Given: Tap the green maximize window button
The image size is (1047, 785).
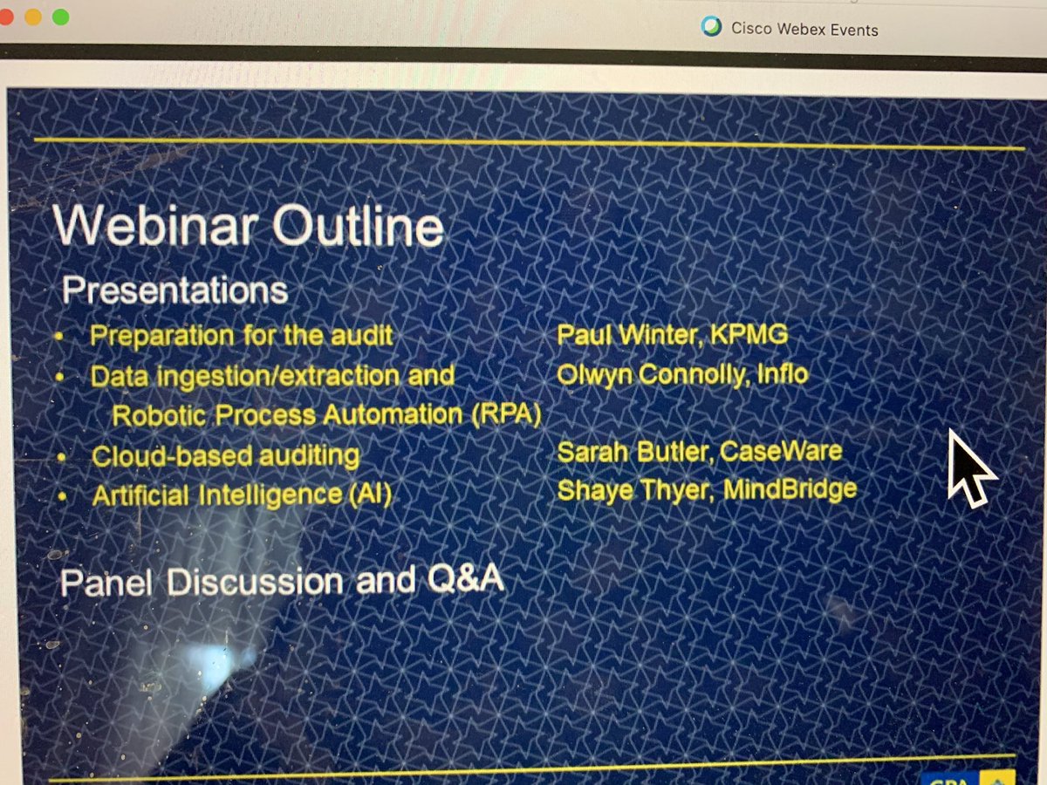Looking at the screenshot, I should (x=60, y=17).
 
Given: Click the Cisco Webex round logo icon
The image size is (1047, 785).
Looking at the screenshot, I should (x=712, y=27).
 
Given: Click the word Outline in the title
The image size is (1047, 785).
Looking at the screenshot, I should (x=358, y=228).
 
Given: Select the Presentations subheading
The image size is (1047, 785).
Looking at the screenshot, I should (x=174, y=290).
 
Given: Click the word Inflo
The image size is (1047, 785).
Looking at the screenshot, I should (x=781, y=375).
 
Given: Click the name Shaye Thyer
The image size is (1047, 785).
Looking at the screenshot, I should (x=628, y=490).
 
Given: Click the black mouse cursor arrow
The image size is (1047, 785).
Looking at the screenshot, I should (x=968, y=468).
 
